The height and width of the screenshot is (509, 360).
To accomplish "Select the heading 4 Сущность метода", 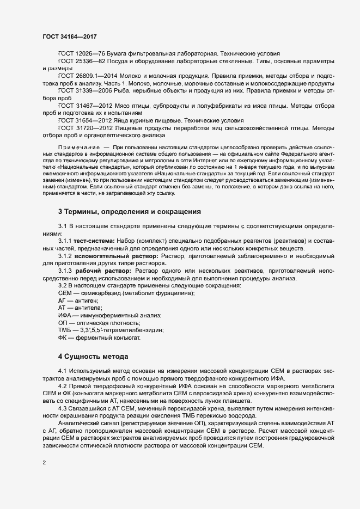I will click(93, 357).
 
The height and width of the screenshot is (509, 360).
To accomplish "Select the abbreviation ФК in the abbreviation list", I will click(63, 338).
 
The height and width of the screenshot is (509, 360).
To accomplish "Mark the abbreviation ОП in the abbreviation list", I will click(63, 323).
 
